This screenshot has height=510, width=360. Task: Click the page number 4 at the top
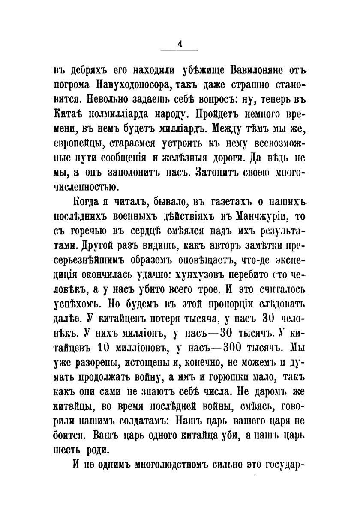[x=180, y=43]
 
